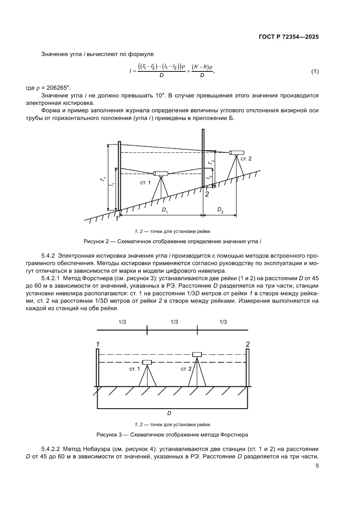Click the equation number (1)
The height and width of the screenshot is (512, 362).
(314, 71)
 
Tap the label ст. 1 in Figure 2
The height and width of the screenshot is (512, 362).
(145, 182)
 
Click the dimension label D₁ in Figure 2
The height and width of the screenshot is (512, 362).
(165, 211)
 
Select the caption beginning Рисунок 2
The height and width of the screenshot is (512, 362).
(172, 242)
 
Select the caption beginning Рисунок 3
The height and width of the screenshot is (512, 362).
(172, 435)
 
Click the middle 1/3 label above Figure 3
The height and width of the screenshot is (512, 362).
(173, 322)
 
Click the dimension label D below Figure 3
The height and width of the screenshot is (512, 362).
(169, 413)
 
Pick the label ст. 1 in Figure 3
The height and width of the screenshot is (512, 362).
(134, 369)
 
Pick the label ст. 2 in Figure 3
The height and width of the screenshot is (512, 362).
(186, 369)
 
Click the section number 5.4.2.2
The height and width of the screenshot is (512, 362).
(53, 449)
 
